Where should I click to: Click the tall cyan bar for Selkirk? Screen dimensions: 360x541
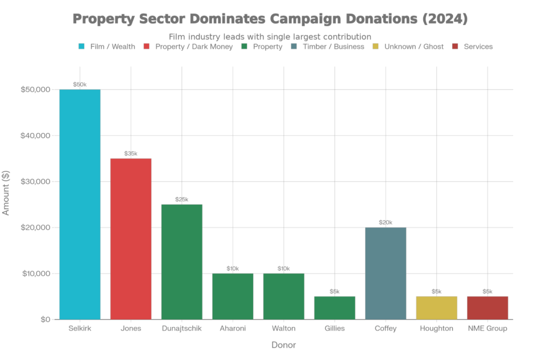coord(80,204)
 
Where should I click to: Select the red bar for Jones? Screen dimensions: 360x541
coord(131,238)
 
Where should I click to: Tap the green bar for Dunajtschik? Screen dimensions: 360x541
coord(182,262)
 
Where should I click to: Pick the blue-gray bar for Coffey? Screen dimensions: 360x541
coord(386,273)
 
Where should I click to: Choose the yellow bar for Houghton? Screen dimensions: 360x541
coord(436,308)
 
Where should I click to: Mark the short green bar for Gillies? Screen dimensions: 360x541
coord(334,308)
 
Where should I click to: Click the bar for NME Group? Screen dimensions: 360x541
coord(488,308)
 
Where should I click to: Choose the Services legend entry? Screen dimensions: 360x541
coord(477,47)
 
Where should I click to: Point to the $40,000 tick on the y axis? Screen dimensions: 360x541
coord(36,135)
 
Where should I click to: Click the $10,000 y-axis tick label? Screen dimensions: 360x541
coord(36,274)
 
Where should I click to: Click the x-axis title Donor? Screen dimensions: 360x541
coord(283,345)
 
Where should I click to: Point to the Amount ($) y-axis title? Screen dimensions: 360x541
coord(6,193)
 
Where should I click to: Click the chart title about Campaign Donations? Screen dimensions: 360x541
coord(270,19)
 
